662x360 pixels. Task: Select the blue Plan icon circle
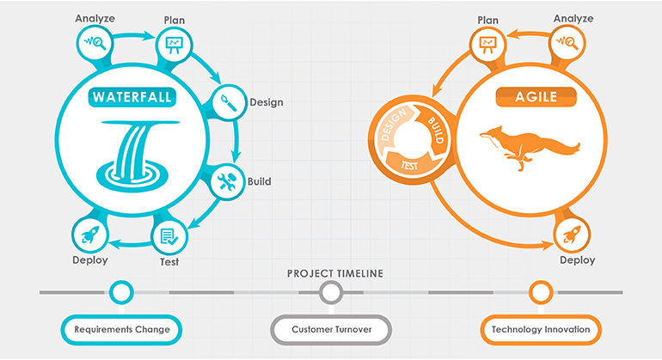(x=173, y=40)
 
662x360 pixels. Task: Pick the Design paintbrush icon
(x=227, y=101)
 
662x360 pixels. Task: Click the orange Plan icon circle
(x=487, y=40)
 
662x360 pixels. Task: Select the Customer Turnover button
(x=331, y=329)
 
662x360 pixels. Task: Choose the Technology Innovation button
(x=540, y=329)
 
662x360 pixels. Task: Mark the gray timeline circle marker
(x=331, y=293)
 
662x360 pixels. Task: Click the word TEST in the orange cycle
(x=410, y=160)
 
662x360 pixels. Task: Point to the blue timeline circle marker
(x=122, y=293)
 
